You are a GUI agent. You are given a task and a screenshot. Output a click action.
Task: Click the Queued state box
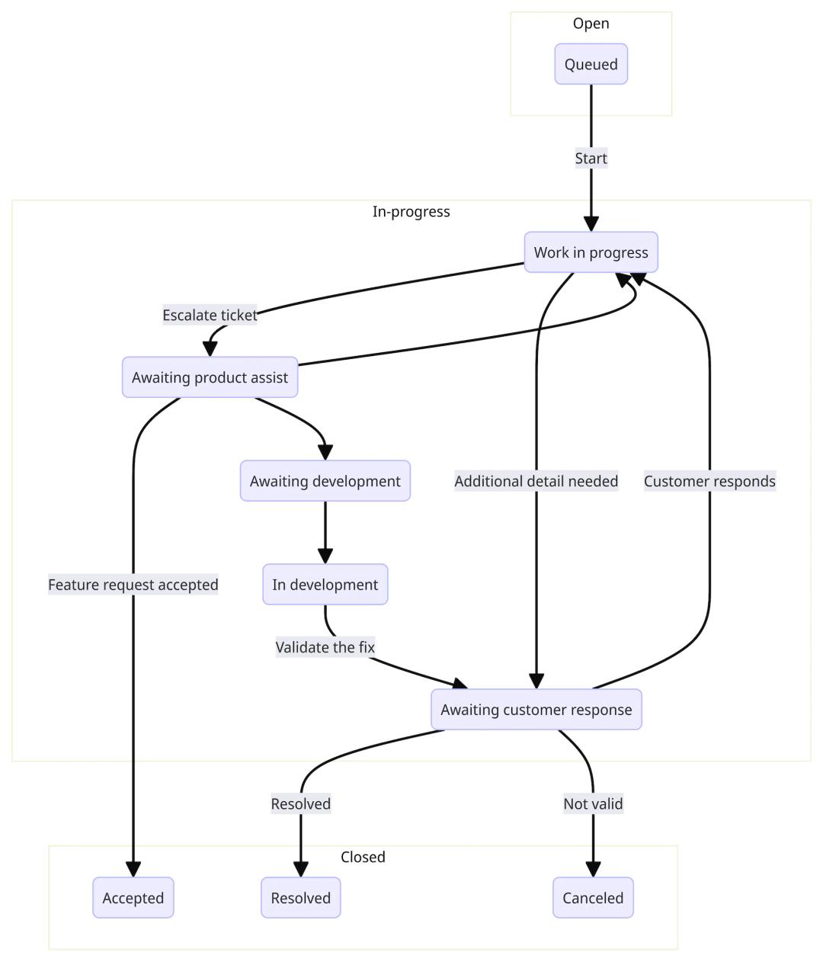591,64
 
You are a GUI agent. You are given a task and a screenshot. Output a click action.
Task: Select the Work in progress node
591,252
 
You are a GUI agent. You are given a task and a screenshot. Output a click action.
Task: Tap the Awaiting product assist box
210,377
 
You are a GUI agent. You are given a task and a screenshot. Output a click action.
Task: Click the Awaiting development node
325,481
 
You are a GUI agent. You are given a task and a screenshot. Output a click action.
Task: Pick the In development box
325,585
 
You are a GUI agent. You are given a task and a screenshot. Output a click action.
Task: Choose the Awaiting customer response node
536,710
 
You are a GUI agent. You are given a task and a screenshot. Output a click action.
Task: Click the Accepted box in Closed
133,898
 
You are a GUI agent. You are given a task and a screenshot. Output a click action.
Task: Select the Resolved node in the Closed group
300,898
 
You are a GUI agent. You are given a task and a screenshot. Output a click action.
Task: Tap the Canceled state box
593,898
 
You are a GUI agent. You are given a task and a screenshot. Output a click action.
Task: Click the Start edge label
591,159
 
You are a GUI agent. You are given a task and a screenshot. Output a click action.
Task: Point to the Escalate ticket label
210,315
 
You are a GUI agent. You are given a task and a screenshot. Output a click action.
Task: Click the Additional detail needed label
536,481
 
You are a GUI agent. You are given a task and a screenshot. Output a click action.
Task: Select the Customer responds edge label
709,481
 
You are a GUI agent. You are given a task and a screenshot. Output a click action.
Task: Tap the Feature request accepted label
133,585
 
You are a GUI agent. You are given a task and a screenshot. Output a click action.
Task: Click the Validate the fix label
325,647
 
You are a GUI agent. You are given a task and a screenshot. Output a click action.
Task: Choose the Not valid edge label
593,803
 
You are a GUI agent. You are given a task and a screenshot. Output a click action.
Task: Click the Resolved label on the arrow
300,803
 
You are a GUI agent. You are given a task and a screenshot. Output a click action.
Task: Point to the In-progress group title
411,212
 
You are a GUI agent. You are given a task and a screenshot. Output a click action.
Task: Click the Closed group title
363,857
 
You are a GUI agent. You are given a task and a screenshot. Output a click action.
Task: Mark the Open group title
591,24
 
